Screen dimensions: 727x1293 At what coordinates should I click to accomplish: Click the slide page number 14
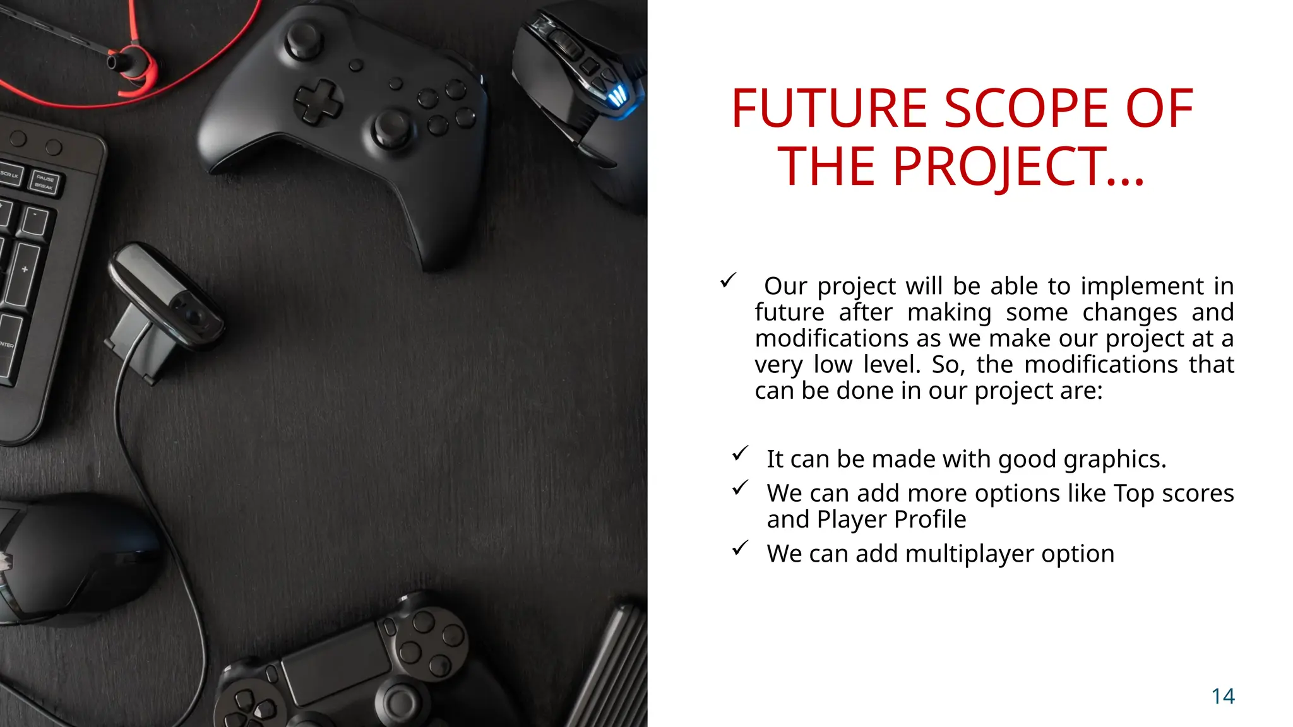click(1223, 696)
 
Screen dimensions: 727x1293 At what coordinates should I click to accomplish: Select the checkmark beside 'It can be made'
click(741, 454)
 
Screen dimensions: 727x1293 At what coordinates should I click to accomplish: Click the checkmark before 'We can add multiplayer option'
click(741, 548)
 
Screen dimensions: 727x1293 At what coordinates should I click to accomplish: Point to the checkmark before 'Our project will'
click(729, 280)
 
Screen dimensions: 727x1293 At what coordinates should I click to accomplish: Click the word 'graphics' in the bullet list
click(1114, 459)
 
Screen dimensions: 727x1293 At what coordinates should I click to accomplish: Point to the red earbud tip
click(117, 62)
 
